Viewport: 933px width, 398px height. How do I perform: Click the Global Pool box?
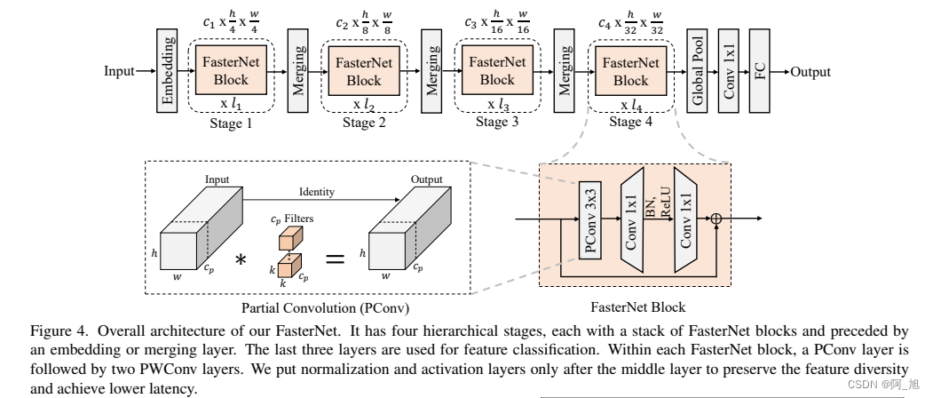(697, 71)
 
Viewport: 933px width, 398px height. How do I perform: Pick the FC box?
(759, 71)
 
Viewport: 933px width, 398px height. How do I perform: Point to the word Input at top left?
(119, 71)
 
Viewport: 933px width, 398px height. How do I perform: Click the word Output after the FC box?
(810, 71)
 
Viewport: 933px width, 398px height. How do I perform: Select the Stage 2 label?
(364, 123)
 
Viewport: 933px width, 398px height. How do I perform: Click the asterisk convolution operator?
(240, 259)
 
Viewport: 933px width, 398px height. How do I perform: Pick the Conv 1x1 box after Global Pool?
(728, 71)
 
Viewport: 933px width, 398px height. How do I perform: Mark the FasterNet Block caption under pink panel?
(635, 308)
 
